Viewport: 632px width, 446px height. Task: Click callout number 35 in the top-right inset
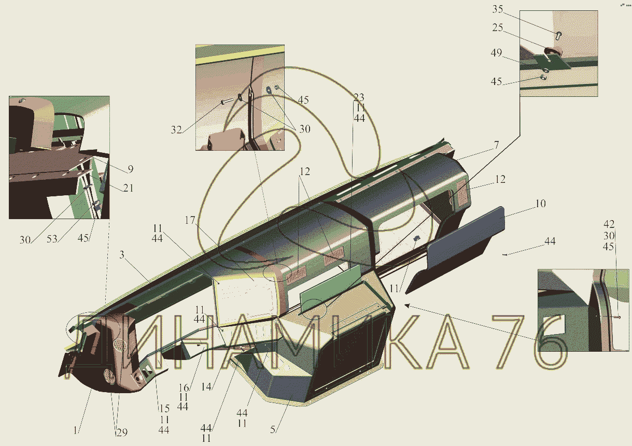coord(498,9)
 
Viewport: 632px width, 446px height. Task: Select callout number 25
coord(498,27)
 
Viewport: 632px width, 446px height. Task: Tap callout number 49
coord(496,53)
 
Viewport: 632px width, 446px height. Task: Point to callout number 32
coord(176,130)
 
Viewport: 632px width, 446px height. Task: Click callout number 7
coord(496,145)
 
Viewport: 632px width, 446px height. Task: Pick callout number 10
coord(540,204)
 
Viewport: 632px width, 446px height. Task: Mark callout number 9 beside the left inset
coord(130,169)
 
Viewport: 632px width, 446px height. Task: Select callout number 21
coord(128,188)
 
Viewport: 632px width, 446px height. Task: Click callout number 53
coord(52,239)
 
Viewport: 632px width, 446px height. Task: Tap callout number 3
coord(122,255)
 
